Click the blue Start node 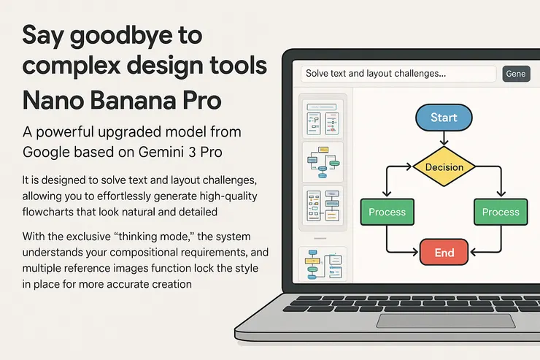pos(444,118)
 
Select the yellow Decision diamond pos(444,166)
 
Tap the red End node pos(444,252)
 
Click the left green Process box pos(387,212)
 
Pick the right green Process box pos(501,212)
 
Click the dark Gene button pos(516,74)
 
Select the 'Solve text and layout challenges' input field pos(398,74)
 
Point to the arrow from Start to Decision pos(444,138)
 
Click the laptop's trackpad pos(446,321)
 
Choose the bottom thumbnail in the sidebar pos(323,264)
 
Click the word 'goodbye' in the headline pos(121,37)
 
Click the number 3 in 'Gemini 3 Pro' pos(192,152)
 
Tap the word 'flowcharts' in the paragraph pos(47,212)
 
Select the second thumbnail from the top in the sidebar pos(323,162)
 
